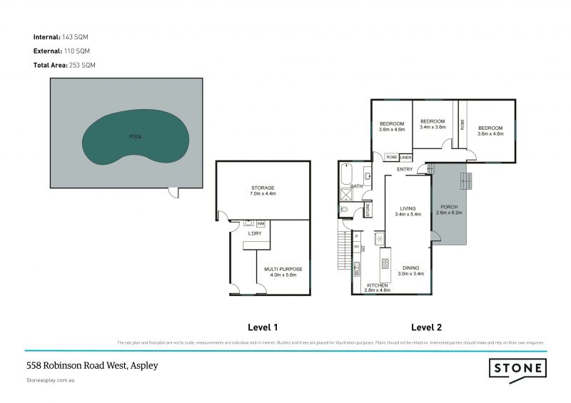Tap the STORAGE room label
(263, 188)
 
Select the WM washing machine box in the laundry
(261, 224)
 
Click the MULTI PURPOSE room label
(283, 270)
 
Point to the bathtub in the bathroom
(348, 175)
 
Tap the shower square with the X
(347, 193)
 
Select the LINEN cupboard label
(405, 157)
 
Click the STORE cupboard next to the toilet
(368, 210)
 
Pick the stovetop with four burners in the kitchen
(385, 263)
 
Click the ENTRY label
(405, 169)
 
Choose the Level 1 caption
(262, 327)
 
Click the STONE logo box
(517, 369)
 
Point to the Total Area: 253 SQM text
(64, 65)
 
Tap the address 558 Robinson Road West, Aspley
(92, 365)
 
